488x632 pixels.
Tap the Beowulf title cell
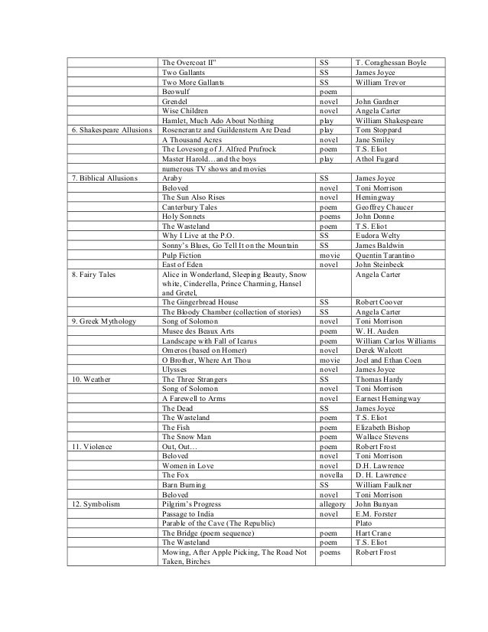pyautogui.click(x=177, y=91)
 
